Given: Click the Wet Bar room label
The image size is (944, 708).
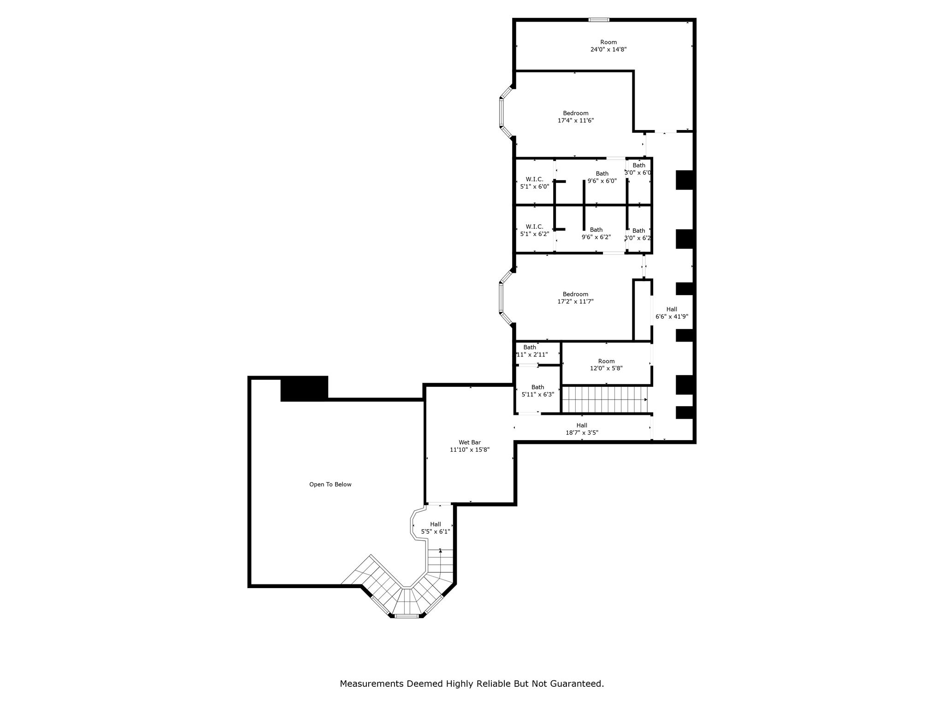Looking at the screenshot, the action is pos(470,446).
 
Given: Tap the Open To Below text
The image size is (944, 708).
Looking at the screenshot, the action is pos(330,484).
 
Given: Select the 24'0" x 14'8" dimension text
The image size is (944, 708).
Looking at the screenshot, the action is pos(608,49).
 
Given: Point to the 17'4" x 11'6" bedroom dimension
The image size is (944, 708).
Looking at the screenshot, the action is pos(576,120).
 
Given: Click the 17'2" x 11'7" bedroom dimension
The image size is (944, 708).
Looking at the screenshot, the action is pos(575,301).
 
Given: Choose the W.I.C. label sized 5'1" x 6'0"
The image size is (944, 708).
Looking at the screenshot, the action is pos(535,183).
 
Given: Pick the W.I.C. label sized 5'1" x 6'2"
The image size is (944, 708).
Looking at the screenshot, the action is pos(535,230).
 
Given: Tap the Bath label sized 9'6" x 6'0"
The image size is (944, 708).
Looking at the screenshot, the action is pos(602,177).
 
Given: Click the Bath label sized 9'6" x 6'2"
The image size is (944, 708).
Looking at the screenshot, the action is pos(596,233).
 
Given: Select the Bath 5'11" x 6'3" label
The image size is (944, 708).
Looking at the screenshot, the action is pos(537,391).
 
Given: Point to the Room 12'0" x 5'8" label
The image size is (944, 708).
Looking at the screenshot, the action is pos(607,365).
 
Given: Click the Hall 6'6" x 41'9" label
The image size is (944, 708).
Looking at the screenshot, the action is pos(672,313).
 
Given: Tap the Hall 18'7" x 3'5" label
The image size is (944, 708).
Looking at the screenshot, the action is pos(582,429).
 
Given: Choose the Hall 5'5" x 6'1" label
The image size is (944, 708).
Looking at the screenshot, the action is pos(436,528).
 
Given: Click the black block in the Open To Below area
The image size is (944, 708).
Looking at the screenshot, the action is pos(304,389).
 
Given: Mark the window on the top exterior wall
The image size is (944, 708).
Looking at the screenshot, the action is pos(599,20).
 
